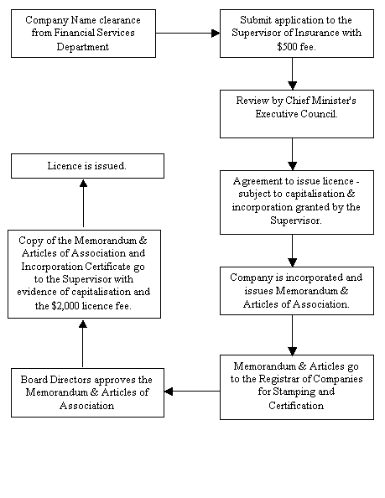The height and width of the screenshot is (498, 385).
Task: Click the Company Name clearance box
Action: pos(83,33)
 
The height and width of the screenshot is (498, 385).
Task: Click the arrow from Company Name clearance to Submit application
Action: pos(187,33)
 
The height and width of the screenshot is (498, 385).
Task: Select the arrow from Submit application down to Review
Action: pos(291,73)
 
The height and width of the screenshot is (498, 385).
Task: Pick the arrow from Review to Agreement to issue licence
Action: pos(291,153)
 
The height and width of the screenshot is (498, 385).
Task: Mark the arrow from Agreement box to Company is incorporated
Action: pos(291,250)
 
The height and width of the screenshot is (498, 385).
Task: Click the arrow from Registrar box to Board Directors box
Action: pos(191,391)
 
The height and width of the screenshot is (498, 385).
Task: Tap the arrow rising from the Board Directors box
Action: pos(83,343)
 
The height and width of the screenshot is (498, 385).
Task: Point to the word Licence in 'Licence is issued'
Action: pos(64,166)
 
